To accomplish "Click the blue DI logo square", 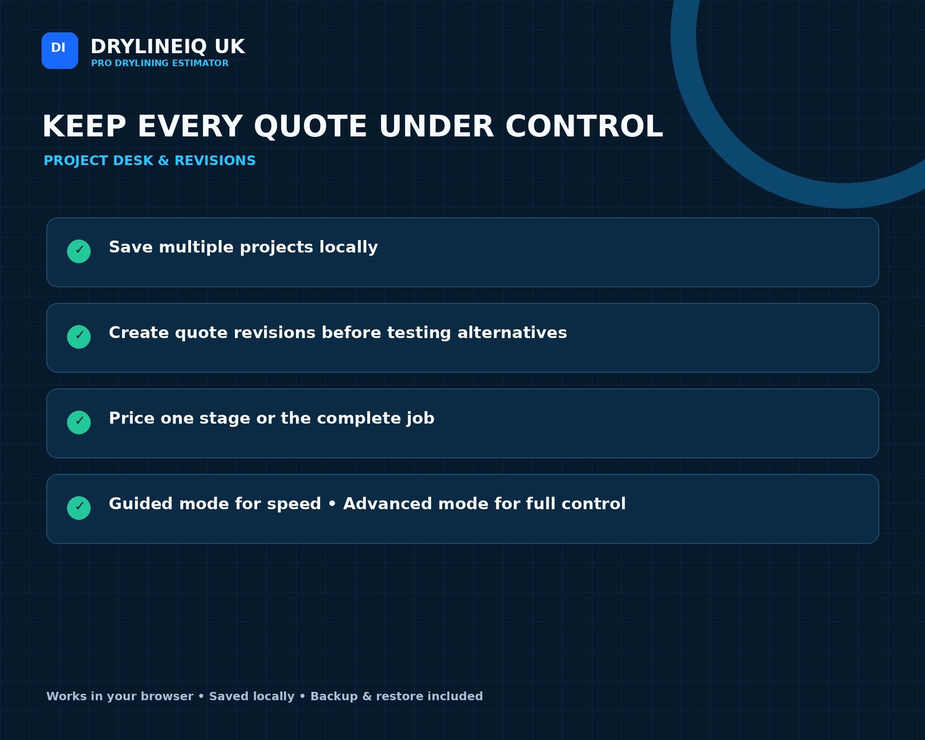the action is [60, 51].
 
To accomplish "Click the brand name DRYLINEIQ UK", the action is [168, 46].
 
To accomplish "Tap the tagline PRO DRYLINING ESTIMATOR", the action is [160, 63].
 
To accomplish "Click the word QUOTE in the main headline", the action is [310, 126].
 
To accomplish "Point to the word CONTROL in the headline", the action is [584, 126].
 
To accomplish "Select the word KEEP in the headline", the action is [84, 126].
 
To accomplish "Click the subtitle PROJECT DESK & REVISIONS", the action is [150, 160].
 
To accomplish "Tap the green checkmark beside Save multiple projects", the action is [79, 251].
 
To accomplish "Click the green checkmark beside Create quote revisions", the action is [79, 337].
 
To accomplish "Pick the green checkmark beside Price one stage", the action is [79, 422].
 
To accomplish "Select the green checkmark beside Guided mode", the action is [79, 508].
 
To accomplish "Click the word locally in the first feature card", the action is [348, 248].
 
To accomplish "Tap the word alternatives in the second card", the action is [512, 332].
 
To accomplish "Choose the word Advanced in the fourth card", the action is [387, 504].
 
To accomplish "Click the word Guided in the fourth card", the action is [141, 504].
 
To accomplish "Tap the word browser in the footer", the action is [166, 696].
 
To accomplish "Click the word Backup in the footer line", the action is [334, 697].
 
